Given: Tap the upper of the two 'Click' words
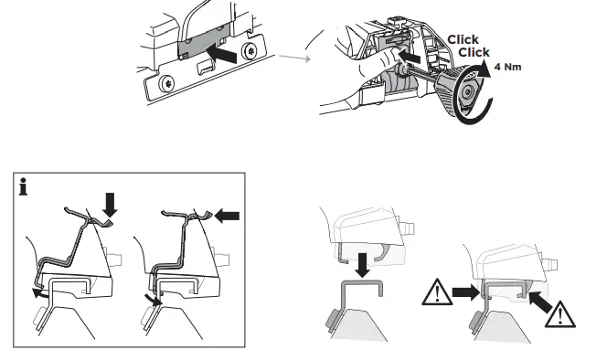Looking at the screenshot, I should point(463,40).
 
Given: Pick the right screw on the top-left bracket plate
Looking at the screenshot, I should point(250,46).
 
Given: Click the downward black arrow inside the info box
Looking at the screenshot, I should point(112,204).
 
